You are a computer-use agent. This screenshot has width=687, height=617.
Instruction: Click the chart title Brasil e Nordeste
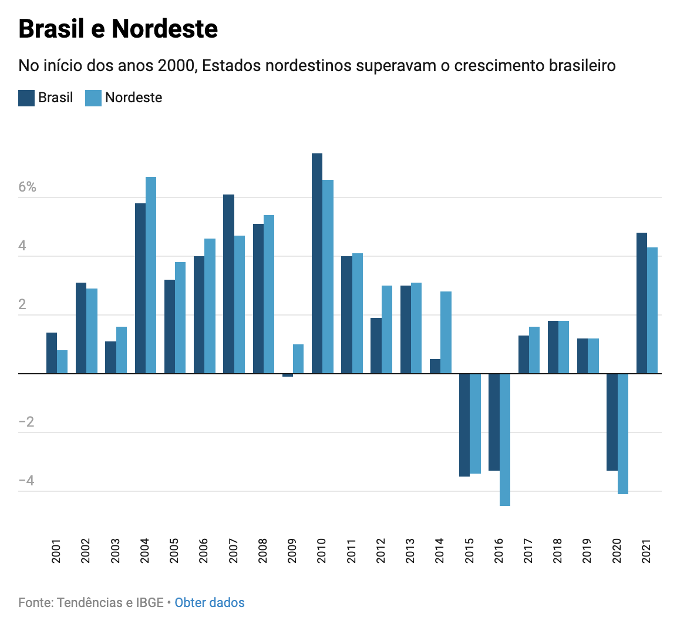[x=118, y=29]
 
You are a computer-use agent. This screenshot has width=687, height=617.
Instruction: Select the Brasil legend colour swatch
[x=26, y=98]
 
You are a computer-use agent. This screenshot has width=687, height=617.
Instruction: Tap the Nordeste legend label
[x=133, y=98]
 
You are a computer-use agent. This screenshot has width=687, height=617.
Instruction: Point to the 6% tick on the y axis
[x=27, y=187]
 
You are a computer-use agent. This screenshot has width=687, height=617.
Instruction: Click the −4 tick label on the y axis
[x=26, y=481]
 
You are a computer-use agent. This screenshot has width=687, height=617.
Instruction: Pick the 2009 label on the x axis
[x=292, y=551]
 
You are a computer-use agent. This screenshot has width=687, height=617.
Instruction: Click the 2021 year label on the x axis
[x=646, y=551]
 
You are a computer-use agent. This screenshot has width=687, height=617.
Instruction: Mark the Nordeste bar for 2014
[x=446, y=333]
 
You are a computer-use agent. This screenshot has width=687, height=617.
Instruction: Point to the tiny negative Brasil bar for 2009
[x=288, y=375]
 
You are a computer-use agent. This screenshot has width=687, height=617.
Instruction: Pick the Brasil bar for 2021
[x=642, y=303]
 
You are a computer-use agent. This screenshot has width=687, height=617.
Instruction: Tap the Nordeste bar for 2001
[x=62, y=362]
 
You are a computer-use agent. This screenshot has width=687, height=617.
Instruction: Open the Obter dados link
[x=210, y=602]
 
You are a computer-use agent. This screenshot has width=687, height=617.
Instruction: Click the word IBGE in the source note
[x=150, y=602]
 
